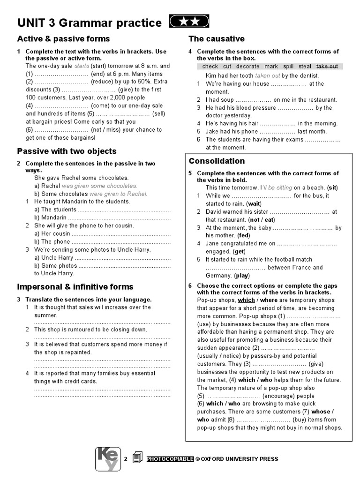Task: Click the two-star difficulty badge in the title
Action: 188,22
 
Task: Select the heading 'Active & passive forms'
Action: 63,39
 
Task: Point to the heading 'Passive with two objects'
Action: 67,151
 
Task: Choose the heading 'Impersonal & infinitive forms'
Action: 75,287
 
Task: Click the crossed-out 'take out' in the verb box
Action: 327,67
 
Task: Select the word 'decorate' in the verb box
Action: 247,67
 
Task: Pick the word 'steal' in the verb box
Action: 305,67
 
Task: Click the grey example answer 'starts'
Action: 82,66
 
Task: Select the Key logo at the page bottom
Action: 108,458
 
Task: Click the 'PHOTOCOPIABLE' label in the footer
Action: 170,459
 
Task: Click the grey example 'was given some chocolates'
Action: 93,186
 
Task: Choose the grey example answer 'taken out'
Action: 268,75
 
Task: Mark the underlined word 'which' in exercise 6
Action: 246,300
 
